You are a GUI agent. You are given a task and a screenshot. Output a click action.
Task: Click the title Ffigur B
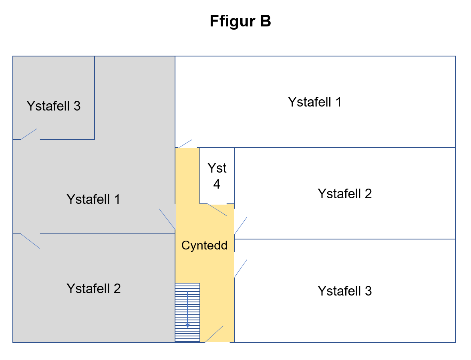[x=240, y=22]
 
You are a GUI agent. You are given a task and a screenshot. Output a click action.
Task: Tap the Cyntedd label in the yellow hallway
[x=204, y=245]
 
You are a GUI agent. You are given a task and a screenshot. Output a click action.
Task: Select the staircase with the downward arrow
[x=187, y=312]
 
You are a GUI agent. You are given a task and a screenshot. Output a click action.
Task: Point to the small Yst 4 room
[x=217, y=176]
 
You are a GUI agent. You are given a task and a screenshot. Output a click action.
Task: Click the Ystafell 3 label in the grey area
[x=54, y=106]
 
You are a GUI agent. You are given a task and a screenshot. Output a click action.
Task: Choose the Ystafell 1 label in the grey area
[x=93, y=199]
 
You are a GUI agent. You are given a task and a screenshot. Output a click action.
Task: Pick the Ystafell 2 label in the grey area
[x=94, y=288]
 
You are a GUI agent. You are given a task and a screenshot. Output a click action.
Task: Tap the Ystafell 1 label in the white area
[x=315, y=102]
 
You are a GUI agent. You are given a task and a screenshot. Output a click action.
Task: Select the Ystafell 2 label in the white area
[x=345, y=193]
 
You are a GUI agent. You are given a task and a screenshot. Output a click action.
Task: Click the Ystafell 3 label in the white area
[x=345, y=291]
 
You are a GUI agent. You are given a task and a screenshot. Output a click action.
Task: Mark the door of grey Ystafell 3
[x=29, y=134]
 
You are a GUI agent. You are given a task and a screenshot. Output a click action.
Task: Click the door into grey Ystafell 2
[x=30, y=241]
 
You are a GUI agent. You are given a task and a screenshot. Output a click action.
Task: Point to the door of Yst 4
[x=217, y=210]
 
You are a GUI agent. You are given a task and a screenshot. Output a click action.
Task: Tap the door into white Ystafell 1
[x=185, y=144]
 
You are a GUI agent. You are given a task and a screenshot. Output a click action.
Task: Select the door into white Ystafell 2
[x=240, y=226]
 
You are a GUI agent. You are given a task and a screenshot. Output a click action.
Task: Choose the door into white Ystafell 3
[x=240, y=268]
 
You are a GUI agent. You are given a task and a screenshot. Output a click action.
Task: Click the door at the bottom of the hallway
[x=214, y=334]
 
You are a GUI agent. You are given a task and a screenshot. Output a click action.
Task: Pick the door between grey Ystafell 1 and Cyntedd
[x=167, y=219]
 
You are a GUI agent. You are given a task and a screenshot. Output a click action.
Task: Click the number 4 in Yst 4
[x=217, y=184]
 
